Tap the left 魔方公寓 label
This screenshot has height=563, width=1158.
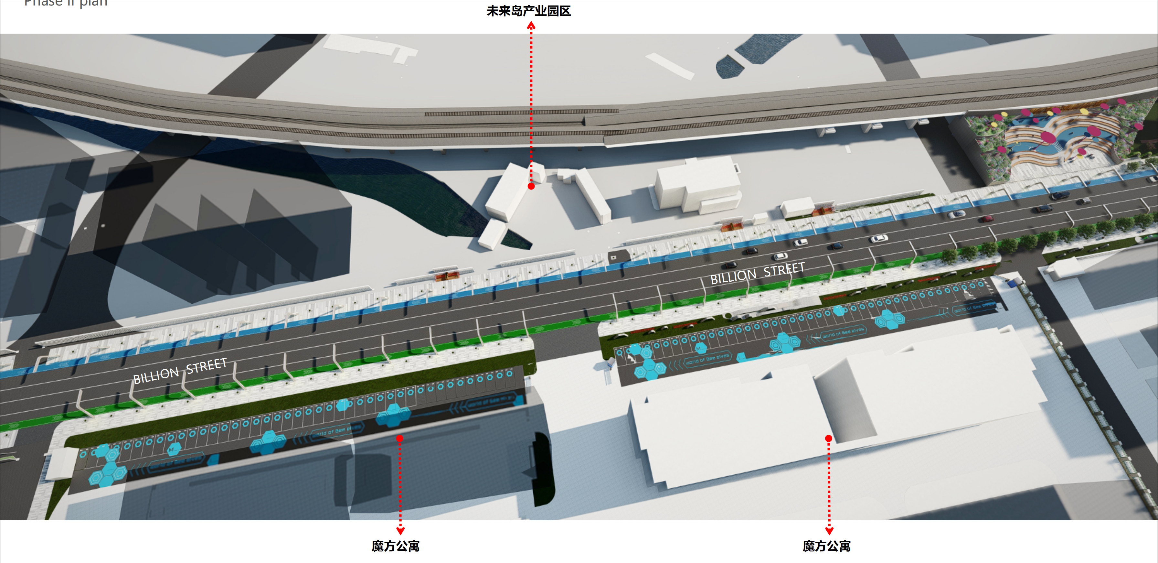pyautogui.click(x=396, y=546)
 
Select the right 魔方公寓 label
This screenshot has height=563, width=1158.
pyautogui.click(x=827, y=546)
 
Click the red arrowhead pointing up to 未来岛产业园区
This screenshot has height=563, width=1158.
pyautogui.click(x=531, y=26)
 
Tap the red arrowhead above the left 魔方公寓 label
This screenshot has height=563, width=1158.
pyautogui.click(x=400, y=531)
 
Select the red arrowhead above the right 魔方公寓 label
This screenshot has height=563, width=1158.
pyautogui.click(x=829, y=531)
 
